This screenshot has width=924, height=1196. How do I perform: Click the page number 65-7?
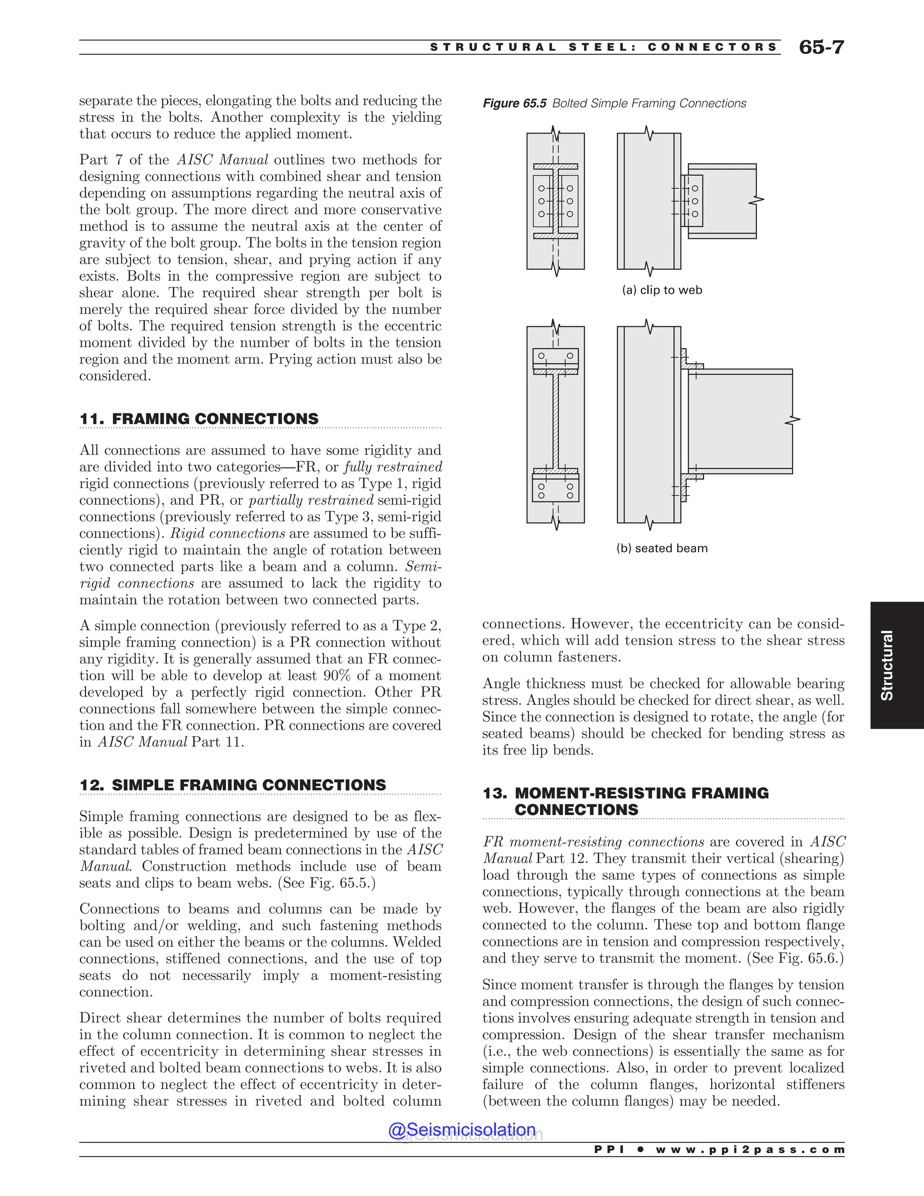(821, 48)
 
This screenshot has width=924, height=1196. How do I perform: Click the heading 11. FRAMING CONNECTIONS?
(199, 419)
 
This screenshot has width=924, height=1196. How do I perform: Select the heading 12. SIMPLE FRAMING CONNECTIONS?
(233, 785)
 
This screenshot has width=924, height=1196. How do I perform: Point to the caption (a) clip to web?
(662, 290)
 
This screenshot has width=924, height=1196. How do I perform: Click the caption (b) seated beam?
(662, 548)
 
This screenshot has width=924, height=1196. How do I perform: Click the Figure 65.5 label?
(514, 103)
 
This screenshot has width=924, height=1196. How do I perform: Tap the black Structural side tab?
(887, 665)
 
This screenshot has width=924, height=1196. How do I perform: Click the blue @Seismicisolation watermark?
(462, 1130)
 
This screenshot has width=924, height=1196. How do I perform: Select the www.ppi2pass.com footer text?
(750, 1150)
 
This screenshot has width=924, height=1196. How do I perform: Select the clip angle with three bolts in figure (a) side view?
(693, 201)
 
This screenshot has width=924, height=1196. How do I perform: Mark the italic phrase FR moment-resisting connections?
(593, 842)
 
